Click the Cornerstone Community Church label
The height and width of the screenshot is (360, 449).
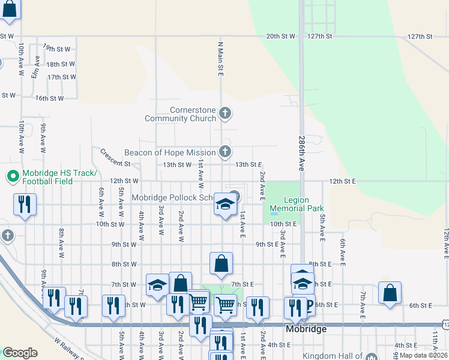pyautogui.click(x=180, y=114)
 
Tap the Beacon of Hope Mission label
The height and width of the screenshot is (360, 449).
pyautogui.click(x=170, y=152)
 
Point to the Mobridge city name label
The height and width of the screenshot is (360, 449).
pyautogui.click(x=307, y=329)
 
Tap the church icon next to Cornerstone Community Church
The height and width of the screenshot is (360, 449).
pyautogui.click(x=225, y=113)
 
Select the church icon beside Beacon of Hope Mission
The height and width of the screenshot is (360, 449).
pyautogui.click(x=225, y=151)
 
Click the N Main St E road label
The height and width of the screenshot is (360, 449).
pyautogui.click(x=220, y=59)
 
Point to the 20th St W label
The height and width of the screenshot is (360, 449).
pyautogui.click(x=281, y=36)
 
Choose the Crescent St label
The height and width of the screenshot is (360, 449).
pyautogui.click(x=115, y=158)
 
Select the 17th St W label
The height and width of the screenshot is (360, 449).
pyautogui.click(x=62, y=77)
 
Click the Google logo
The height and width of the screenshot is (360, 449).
pyautogui.click(x=20, y=353)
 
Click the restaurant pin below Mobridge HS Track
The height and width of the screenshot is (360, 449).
pyautogui.click(x=25, y=205)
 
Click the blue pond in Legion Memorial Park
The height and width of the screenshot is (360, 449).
pyautogui.click(x=274, y=213)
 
